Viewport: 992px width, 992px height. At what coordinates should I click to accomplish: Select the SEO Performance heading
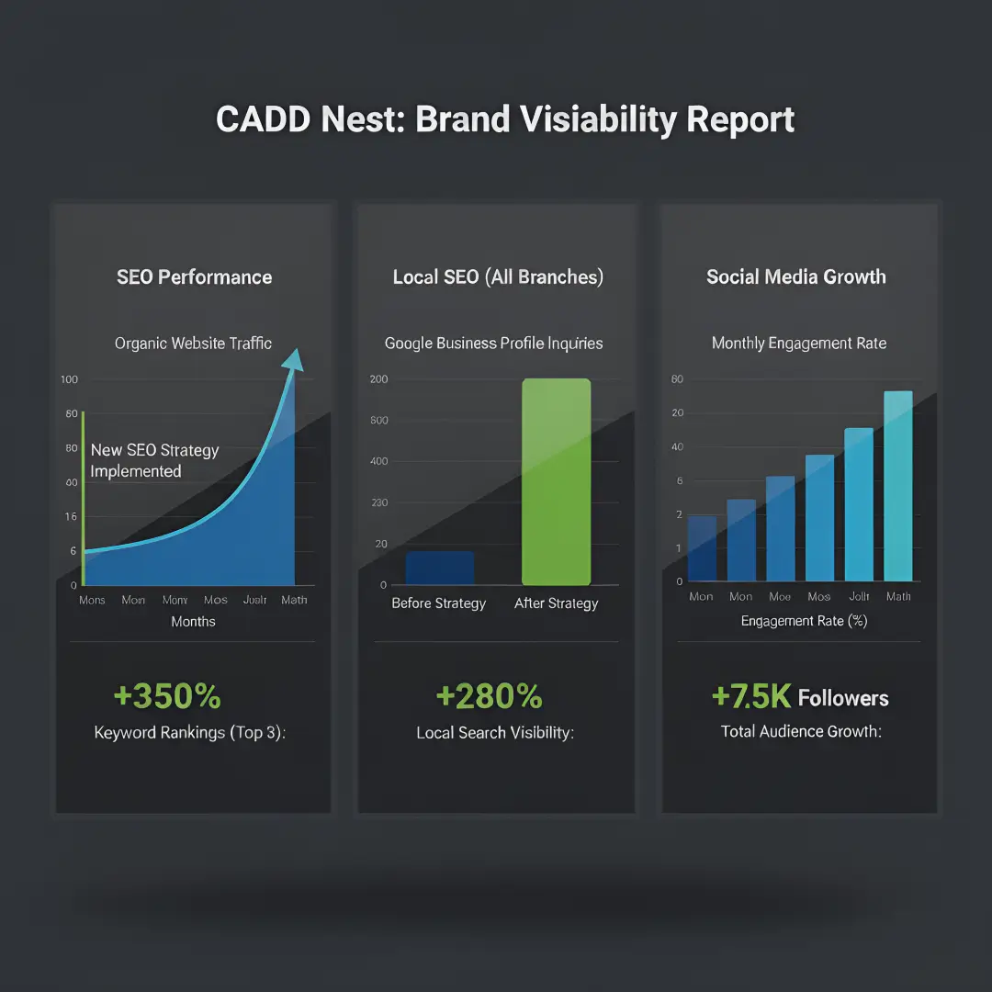tap(194, 277)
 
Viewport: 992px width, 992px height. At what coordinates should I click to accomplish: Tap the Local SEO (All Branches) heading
tap(498, 277)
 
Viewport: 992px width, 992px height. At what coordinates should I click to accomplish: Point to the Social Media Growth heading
tap(795, 277)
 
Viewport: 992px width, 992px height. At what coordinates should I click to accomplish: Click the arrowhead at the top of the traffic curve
tap(293, 358)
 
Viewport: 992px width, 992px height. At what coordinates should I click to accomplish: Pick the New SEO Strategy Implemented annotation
tap(154, 461)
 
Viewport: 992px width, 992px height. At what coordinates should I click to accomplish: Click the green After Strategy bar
tap(556, 482)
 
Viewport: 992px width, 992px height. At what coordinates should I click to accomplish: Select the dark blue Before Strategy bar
tap(440, 568)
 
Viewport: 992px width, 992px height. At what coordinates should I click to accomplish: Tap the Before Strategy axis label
tap(438, 603)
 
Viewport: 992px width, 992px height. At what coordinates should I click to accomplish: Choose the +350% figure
tap(167, 696)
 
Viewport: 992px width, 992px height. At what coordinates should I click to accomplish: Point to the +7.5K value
tap(750, 697)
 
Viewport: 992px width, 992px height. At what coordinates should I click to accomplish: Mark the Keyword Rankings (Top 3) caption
tap(190, 733)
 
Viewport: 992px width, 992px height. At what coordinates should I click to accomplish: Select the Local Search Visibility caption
tap(495, 733)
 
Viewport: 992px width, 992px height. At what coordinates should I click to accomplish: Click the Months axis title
tap(193, 622)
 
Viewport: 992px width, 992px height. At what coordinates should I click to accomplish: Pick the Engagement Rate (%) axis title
tap(804, 621)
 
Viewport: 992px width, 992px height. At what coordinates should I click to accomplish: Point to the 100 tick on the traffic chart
tap(69, 379)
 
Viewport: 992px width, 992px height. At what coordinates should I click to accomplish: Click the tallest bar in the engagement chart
tap(897, 487)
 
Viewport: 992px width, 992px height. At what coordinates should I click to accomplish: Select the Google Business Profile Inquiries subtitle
tap(493, 344)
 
